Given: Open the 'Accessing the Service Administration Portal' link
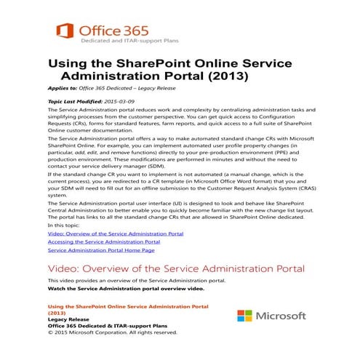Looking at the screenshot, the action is pos(103,241).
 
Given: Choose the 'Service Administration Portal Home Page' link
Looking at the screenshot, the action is pos(100,250).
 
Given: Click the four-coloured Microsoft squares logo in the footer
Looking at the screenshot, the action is pos(245,317).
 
